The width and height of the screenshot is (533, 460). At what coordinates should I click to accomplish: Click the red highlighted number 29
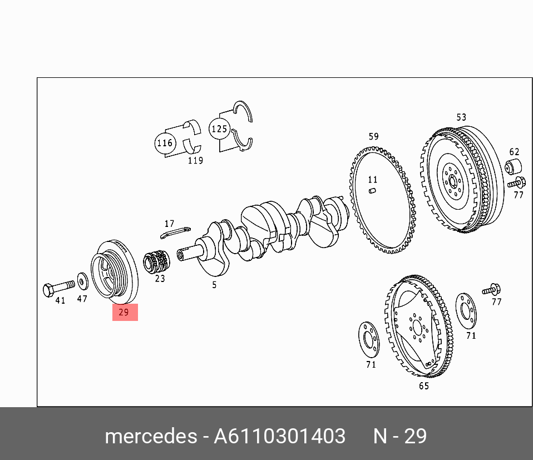[125, 312]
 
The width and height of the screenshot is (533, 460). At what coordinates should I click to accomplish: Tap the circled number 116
[165, 143]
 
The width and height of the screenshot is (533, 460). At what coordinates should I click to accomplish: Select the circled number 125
[219, 129]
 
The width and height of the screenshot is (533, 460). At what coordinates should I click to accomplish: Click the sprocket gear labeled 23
[156, 262]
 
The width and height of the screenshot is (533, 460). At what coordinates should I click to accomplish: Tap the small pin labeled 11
[373, 191]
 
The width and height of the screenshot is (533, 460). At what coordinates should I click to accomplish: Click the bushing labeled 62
[514, 166]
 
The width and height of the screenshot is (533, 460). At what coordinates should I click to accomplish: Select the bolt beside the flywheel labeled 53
[517, 182]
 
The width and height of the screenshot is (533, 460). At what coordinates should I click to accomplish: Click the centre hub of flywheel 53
[452, 181]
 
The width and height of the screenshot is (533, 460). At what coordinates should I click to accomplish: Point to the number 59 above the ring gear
[373, 136]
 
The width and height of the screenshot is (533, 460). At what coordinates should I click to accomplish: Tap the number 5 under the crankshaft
[214, 285]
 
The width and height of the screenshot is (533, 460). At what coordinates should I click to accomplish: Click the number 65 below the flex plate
[424, 386]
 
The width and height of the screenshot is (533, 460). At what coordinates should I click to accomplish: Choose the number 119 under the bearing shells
[195, 161]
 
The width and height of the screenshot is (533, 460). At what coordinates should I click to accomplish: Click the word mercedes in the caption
[150, 436]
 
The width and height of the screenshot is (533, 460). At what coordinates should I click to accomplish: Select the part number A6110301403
[280, 436]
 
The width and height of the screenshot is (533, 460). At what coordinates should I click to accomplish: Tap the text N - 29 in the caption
[400, 436]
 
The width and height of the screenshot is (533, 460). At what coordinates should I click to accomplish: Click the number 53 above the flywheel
[461, 117]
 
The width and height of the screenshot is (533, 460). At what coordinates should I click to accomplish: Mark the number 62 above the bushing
[514, 151]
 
